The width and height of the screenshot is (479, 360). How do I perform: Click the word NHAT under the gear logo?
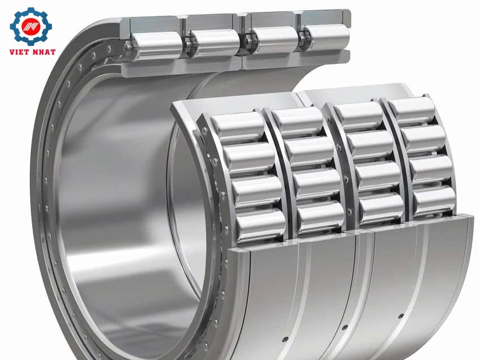pos(43,52)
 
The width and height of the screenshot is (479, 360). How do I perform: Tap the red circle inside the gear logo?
pos(31,27)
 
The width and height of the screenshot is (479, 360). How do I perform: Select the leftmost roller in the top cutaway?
pos(156,45)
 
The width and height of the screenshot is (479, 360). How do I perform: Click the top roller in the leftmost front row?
pos(237,125)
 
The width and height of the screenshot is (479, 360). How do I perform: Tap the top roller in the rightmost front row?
pos(412,109)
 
